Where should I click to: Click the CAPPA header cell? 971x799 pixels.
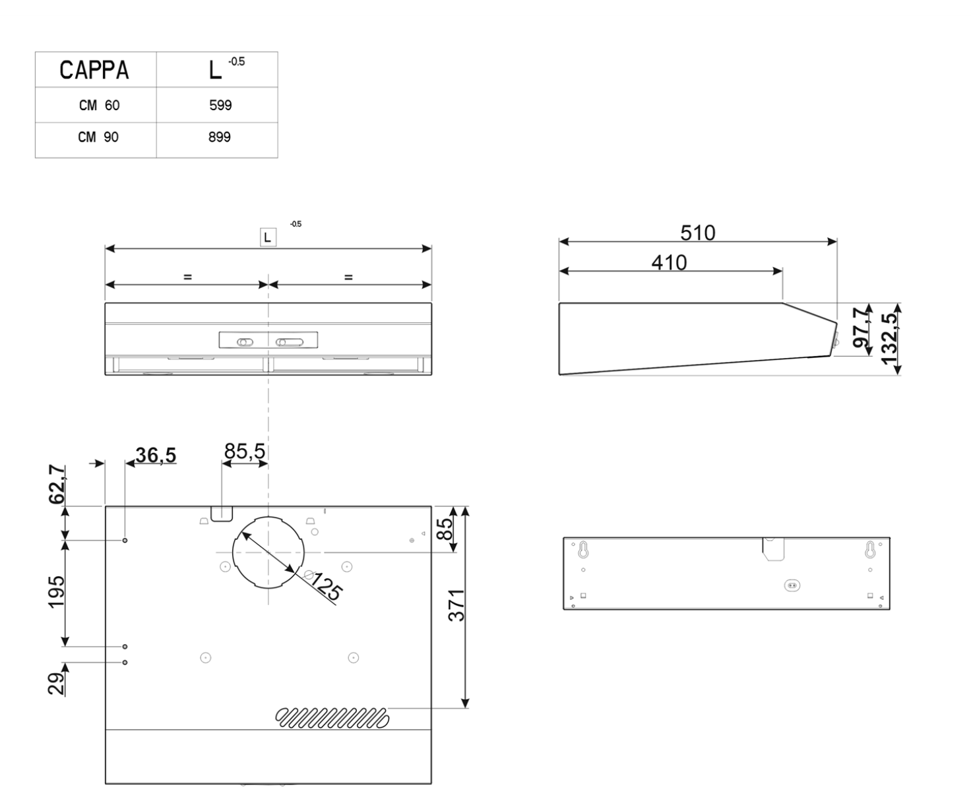coord(94,70)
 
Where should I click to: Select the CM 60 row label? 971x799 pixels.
coord(99,105)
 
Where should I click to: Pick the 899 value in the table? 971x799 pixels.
coord(220,138)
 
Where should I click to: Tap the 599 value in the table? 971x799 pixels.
coord(220,105)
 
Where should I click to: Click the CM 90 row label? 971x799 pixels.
coord(99,138)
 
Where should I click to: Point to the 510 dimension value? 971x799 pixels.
coord(697,233)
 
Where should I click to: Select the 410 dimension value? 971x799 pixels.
coord(669,262)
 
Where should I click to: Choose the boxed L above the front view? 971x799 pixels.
coord(267,237)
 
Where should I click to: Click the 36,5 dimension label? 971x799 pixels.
coord(156,455)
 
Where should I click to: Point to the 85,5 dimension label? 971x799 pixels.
coord(245,452)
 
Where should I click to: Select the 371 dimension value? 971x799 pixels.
coord(456,605)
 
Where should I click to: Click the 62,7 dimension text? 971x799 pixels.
coord(57,485)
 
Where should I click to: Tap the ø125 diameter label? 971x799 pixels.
coord(323,586)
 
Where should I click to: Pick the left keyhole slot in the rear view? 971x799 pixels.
coord(583,550)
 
